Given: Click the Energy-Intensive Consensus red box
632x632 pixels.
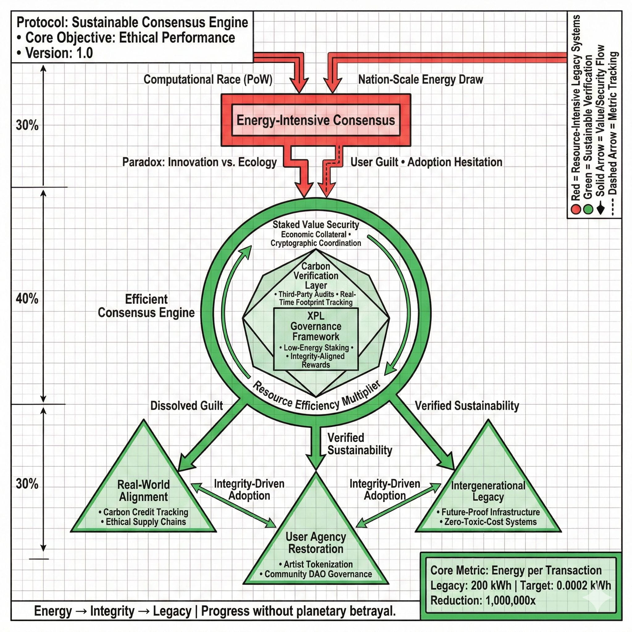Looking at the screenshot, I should pyautogui.click(x=316, y=120).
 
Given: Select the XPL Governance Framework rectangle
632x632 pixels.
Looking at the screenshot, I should pyautogui.click(x=316, y=339).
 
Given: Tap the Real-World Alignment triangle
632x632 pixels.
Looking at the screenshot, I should pyautogui.click(x=143, y=501).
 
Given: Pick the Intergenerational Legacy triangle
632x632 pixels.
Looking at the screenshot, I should pyautogui.click(x=488, y=501).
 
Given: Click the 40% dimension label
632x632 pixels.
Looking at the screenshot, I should pyautogui.click(x=27, y=299).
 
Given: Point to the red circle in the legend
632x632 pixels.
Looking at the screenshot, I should pyautogui.click(x=576, y=209).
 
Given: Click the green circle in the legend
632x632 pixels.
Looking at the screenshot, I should pyautogui.click(x=588, y=209).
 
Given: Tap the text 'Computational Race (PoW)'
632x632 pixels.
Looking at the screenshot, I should pyautogui.click(x=208, y=80).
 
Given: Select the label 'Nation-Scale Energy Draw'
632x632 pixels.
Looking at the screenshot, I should pyautogui.click(x=420, y=80).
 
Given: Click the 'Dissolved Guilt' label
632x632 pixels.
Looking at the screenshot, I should pyautogui.click(x=186, y=405).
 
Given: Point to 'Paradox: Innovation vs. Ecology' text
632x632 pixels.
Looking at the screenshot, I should pyautogui.click(x=199, y=162).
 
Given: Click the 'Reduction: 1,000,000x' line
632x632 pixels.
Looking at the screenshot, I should pyautogui.click(x=483, y=600).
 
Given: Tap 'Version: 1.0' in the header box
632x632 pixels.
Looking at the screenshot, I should pyautogui.click(x=59, y=53).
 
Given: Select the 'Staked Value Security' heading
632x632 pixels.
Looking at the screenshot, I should pyautogui.click(x=316, y=225).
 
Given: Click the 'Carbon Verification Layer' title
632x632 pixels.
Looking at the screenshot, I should pyautogui.click(x=316, y=276).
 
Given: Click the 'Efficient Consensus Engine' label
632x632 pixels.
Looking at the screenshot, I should pyautogui.click(x=146, y=306).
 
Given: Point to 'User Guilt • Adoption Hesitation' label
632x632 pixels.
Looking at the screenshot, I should pyautogui.click(x=426, y=162).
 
